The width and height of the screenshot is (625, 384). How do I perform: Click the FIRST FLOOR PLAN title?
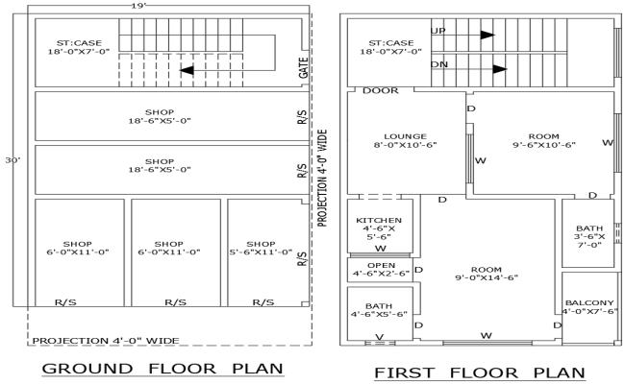click(478, 372)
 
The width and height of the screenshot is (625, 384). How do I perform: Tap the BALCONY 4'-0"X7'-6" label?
click(588, 308)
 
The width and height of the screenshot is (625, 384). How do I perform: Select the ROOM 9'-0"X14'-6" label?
click(487, 274)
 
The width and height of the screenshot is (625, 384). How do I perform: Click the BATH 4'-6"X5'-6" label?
click(380, 309)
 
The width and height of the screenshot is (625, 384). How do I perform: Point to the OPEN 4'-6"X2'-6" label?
click(380, 270)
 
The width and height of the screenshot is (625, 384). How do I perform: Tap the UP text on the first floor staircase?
click(438, 32)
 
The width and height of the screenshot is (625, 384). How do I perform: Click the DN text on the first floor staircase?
click(439, 64)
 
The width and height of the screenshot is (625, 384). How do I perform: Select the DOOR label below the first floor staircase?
click(381, 91)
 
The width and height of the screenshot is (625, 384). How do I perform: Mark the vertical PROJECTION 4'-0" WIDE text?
click(324, 178)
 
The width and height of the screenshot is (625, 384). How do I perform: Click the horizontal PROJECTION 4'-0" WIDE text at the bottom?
click(106, 340)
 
